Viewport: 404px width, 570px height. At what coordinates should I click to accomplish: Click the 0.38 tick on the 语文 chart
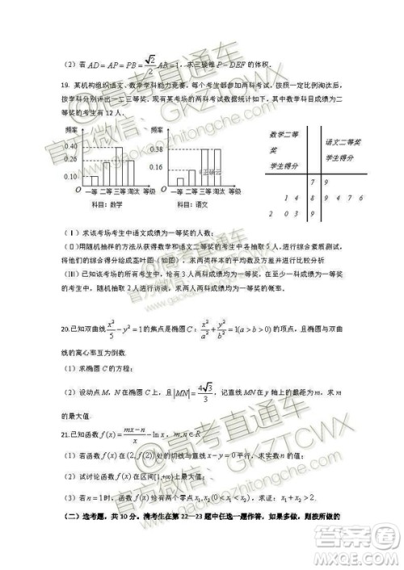(x=156, y=149)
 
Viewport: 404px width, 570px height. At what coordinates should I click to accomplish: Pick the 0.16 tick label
(x=156, y=168)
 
